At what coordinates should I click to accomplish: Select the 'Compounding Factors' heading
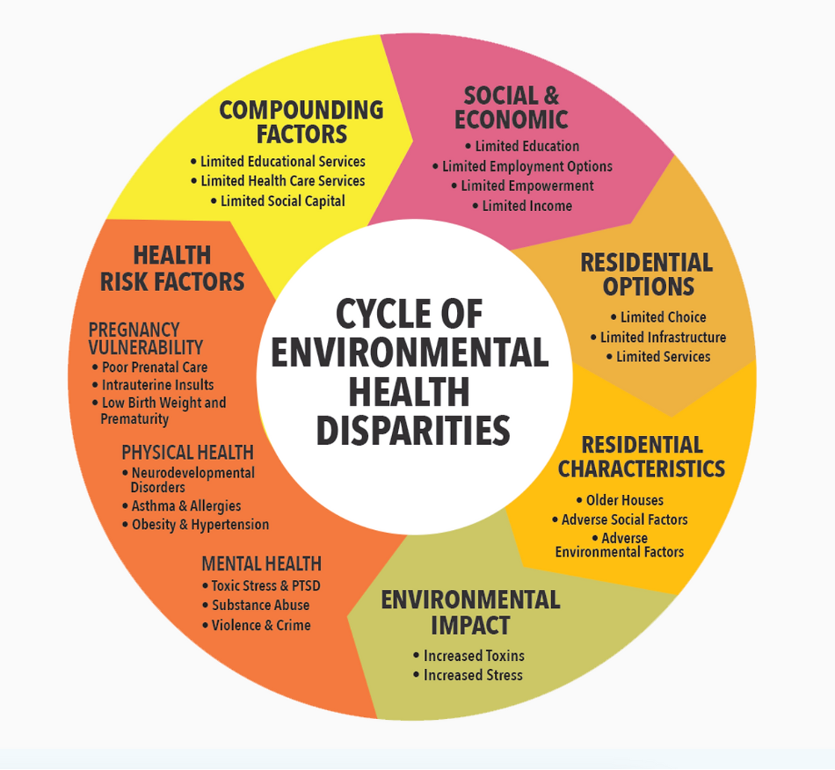click(301, 122)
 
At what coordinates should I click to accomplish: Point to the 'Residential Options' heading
click(647, 274)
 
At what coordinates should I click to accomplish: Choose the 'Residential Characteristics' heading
click(642, 456)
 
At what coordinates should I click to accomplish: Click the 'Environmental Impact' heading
click(470, 612)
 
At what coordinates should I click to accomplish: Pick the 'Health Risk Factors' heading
click(172, 268)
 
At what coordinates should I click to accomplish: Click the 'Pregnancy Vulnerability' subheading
click(146, 338)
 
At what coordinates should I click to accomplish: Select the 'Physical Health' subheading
click(187, 453)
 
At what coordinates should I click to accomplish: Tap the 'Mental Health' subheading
click(261, 563)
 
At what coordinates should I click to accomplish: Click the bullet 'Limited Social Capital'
click(283, 201)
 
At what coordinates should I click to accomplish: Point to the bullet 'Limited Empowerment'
click(527, 185)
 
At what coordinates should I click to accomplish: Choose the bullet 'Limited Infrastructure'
click(663, 338)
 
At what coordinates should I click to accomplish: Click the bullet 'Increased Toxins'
click(474, 656)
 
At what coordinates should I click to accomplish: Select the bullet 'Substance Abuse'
click(260, 606)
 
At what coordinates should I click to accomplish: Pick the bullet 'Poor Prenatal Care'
click(155, 367)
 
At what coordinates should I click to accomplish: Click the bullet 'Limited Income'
click(526, 206)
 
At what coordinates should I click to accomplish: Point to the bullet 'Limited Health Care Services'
click(282, 181)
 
